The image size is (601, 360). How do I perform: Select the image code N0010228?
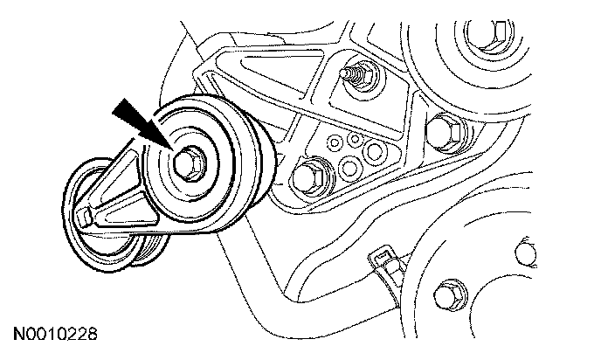click(54, 334)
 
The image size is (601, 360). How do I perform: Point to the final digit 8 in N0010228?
click(90, 334)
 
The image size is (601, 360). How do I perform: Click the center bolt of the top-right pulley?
click(487, 31)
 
